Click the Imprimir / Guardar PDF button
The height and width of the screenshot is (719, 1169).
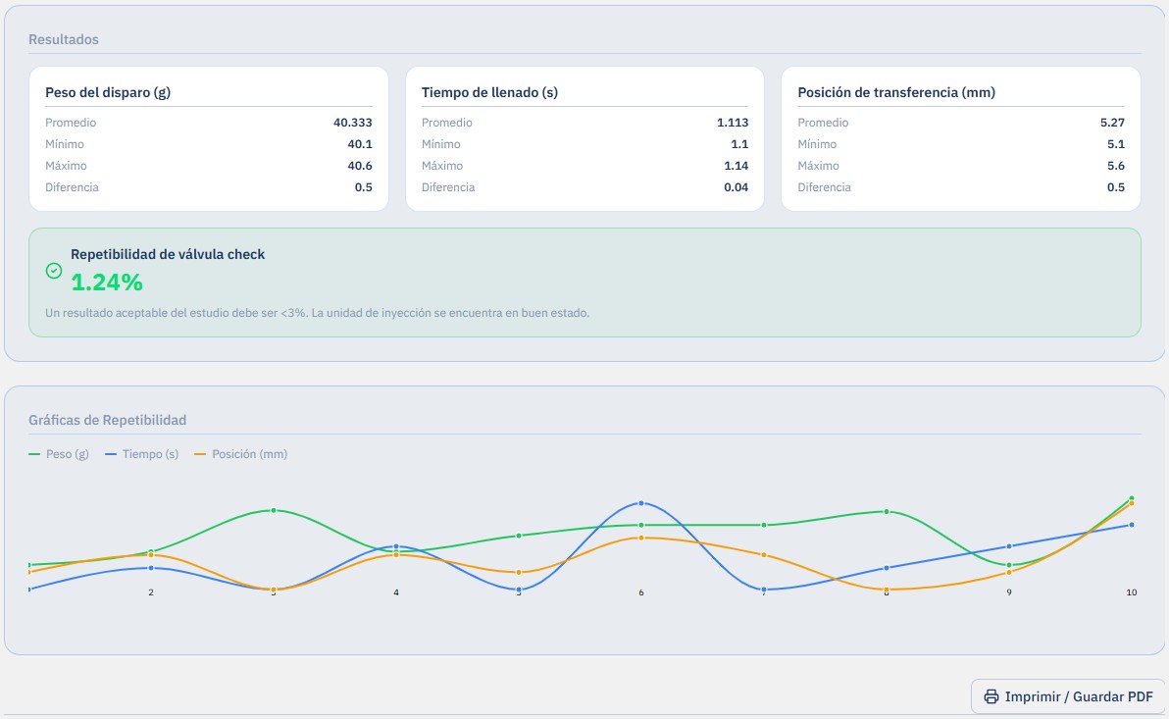point(1068,696)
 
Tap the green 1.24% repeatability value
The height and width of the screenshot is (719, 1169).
point(107,282)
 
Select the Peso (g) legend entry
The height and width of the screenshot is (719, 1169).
point(59,453)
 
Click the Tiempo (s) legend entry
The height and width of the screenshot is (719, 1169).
point(142,453)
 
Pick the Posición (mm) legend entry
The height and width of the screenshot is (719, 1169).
point(241,453)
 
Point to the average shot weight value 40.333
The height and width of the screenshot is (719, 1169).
point(353,123)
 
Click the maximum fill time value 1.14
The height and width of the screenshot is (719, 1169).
point(736,166)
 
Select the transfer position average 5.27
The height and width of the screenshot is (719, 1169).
point(1112,123)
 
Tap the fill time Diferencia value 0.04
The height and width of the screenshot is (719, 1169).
point(736,187)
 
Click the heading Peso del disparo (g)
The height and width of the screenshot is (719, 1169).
point(108,92)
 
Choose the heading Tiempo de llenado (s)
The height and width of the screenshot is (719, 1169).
point(489,92)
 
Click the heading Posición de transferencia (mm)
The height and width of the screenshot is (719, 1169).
point(896,92)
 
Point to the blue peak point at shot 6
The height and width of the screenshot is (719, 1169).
point(641,503)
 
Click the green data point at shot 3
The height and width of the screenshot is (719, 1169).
point(274,510)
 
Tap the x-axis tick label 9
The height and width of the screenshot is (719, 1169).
point(1009,592)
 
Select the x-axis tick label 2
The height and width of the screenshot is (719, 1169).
point(151,592)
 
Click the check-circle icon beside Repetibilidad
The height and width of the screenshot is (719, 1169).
point(54,271)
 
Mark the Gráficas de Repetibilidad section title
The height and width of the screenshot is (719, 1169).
point(107,420)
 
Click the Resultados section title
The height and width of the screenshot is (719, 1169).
point(64,39)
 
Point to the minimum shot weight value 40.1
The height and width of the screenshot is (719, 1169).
point(360,144)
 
